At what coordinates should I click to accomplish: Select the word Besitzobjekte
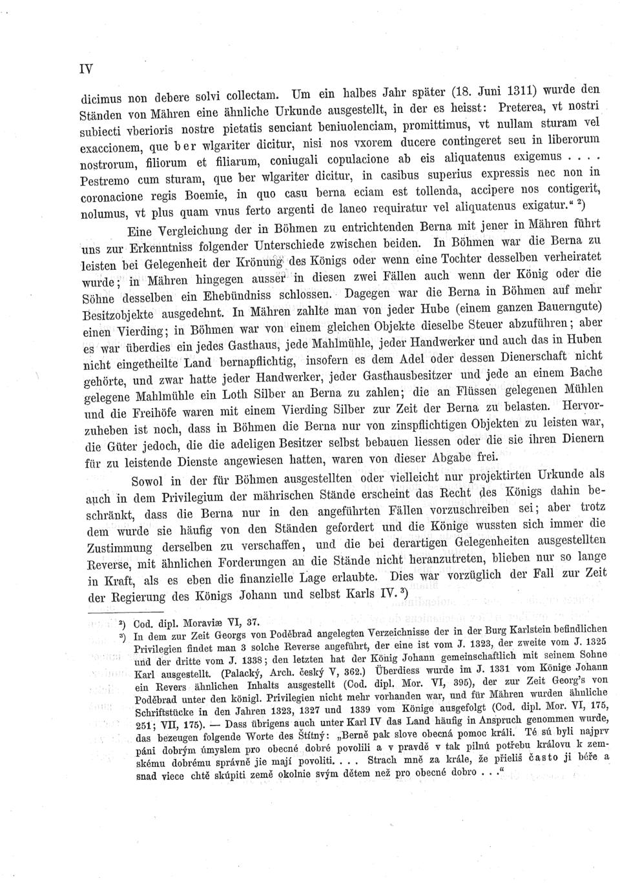pos(118,315)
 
